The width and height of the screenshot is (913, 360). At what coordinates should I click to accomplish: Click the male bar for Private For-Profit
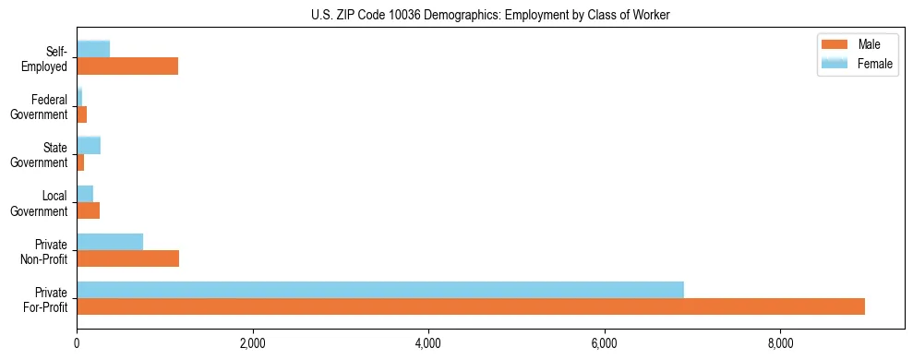coord(471,306)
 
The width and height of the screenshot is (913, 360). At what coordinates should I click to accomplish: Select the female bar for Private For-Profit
coord(380,290)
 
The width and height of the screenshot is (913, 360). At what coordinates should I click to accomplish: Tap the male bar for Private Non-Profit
coord(127,258)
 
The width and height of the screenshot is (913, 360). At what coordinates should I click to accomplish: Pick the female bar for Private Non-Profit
coord(110,242)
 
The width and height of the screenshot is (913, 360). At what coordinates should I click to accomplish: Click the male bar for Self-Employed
coord(127,66)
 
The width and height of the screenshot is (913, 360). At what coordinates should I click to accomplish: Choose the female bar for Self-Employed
coord(93,49)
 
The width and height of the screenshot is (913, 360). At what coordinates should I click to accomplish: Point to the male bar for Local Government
coord(88,210)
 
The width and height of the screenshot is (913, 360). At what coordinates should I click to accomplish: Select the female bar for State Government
coord(89,145)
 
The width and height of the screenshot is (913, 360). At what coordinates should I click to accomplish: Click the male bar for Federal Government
coord(82,114)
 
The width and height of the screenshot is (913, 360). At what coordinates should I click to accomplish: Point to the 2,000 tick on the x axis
coord(252,343)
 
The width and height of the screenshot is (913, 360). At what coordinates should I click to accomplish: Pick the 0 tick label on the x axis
coord(77,343)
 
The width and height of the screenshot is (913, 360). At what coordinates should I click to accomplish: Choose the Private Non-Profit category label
coord(46,251)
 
